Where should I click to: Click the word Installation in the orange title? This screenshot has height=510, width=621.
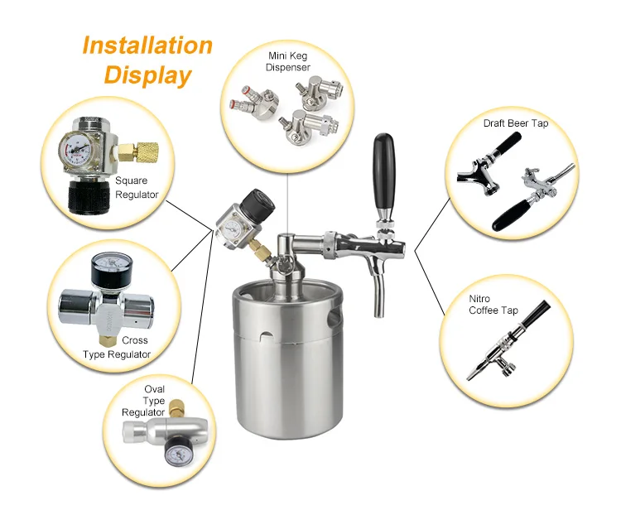click(x=147, y=46)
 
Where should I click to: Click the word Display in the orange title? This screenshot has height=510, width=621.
click(x=148, y=75)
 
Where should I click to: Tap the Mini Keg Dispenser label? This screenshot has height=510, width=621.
click(x=288, y=61)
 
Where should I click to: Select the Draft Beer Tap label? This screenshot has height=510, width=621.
click(x=516, y=123)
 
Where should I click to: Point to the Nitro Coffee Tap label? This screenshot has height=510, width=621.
click(x=493, y=305)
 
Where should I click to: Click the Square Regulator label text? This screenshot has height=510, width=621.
click(x=137, y=188)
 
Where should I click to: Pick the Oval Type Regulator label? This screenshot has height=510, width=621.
click(x=143, y=401)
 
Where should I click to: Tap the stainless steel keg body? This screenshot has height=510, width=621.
click(x=287, y=359)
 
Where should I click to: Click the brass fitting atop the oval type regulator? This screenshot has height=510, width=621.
click(x=176, y=410)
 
